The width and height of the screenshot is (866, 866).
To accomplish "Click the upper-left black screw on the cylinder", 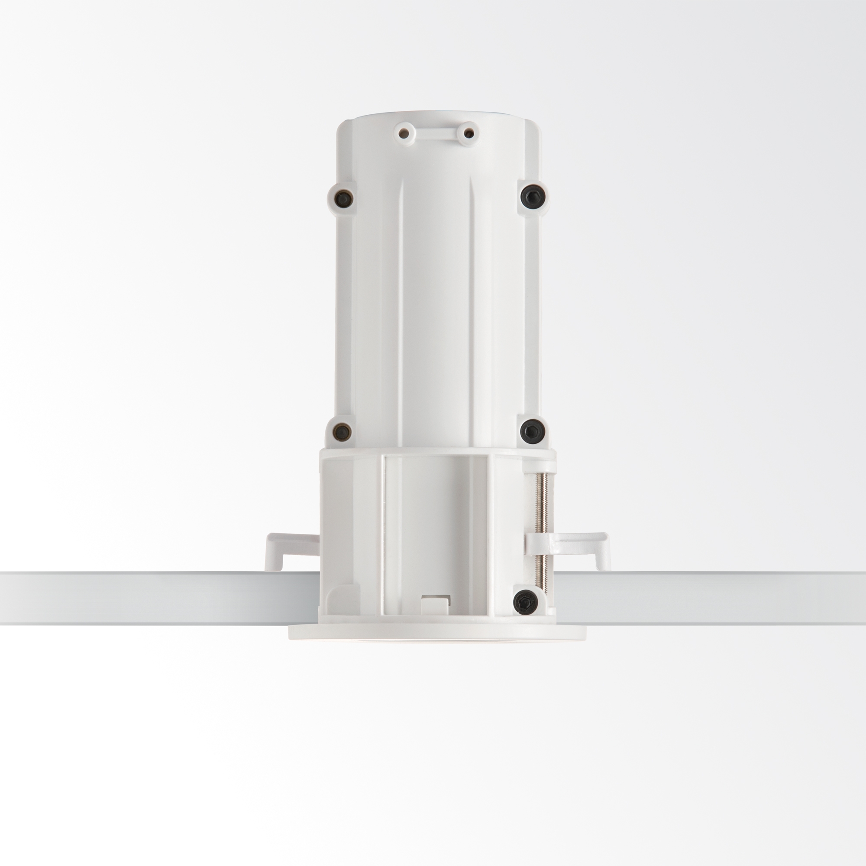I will point(343,198).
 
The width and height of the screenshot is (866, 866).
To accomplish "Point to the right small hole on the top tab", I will point(468,133).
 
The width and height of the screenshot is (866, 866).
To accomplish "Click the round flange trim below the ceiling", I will point(437,632).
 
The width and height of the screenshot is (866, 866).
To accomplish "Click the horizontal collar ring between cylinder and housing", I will point(437,452).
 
